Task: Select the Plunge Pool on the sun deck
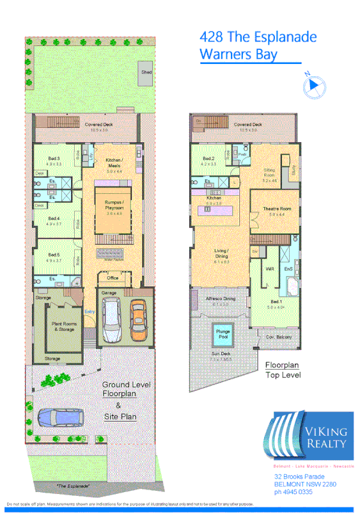[223, 335]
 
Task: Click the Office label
[113, 278]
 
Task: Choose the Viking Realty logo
[308, 433]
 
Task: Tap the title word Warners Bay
[239, 54]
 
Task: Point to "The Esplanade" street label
[73, 486]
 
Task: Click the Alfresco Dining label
[220, 299]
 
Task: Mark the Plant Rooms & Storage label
[64, 326]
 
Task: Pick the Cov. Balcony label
[279, 336]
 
